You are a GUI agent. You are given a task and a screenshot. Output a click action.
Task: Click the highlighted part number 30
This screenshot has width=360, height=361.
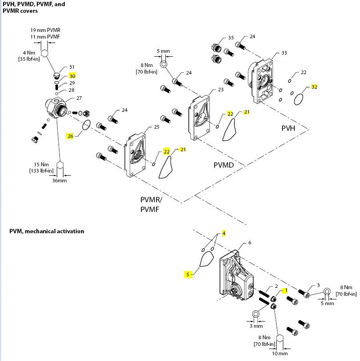coord(72,76)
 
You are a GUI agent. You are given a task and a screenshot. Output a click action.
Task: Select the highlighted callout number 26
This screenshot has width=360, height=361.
coord(70,136)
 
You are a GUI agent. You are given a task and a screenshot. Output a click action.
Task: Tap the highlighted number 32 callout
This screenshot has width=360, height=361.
coord(314,87)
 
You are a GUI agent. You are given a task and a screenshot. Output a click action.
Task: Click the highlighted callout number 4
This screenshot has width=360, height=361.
coord(224,233)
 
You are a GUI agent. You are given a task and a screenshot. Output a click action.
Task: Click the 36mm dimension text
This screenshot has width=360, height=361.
coord(59,180)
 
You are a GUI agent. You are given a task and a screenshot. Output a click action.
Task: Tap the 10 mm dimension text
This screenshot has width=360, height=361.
coord(280,353)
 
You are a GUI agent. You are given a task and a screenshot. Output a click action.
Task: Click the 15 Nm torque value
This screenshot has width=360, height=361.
coord(42,164)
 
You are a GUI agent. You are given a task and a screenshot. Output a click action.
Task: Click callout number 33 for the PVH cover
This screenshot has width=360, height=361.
coord(284,53)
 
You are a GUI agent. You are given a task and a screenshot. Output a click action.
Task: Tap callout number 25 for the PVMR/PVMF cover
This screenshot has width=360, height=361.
coord(156,127)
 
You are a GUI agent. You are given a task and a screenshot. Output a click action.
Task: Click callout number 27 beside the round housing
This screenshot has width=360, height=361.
coord(79,98)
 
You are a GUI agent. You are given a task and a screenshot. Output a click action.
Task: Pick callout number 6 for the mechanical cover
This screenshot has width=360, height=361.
coord(250,243)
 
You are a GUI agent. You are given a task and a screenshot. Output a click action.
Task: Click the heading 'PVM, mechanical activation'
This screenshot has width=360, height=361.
coord(47,231)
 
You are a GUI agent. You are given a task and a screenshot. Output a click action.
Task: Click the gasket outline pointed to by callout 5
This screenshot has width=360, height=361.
coord(205,259)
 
